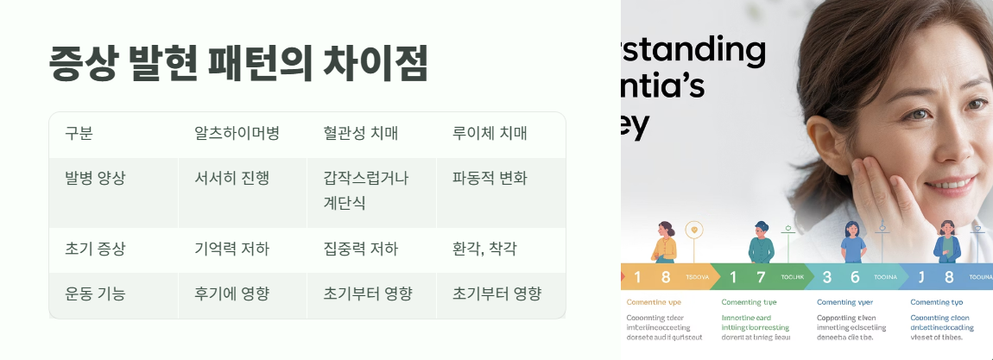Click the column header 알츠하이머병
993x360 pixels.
(231, 134)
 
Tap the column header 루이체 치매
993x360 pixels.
(490, 134)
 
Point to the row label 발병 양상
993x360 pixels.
(95, 179)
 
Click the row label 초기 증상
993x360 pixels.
(95, 249)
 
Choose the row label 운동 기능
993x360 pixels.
(95, 294)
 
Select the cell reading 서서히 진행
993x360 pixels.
(232, 179)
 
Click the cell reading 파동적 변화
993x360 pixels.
(490, 179)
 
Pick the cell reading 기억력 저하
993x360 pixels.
(232, 249)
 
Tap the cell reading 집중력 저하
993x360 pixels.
(361, 249)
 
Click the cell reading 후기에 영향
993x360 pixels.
(232, 294)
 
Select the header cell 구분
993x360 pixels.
(79, 134)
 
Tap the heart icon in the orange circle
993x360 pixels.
(696, 231)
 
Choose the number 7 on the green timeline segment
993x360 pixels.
(760, 277)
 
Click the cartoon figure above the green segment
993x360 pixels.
(761, 242)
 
